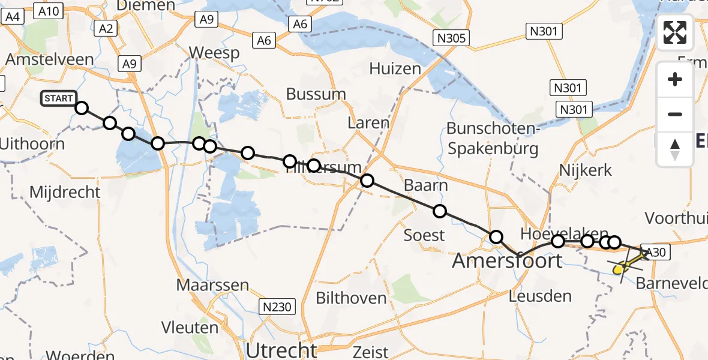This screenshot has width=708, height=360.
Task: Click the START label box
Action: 58,98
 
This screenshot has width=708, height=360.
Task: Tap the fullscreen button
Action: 675,32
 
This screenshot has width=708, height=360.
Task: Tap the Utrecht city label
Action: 281,349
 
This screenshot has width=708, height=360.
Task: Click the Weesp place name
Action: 214,53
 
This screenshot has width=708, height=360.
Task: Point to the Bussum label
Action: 316,94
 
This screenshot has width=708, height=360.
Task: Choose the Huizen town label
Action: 395,68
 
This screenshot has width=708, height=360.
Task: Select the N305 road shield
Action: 451,38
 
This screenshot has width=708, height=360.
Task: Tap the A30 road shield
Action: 655,253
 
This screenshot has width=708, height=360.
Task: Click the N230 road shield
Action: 278,308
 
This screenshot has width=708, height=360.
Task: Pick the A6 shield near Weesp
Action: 264,41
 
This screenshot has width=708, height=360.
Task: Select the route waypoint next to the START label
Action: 82,108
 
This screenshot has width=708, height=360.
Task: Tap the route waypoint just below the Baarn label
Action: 440,211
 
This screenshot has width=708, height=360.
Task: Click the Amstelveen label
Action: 50,59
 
